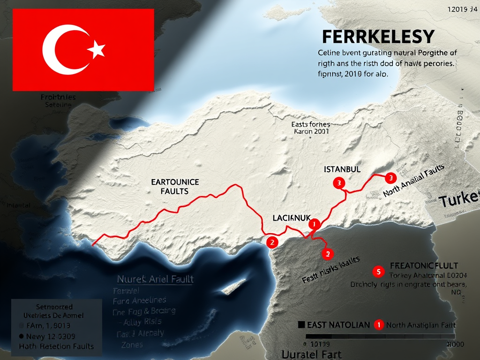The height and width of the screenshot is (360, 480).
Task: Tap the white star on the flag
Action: point(97,49)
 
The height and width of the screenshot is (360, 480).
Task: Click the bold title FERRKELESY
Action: point(378,37)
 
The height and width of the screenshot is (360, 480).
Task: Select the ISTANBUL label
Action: point(342,169)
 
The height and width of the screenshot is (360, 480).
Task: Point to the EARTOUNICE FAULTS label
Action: point(175,186)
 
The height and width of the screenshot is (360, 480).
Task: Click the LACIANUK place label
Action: point(292,217)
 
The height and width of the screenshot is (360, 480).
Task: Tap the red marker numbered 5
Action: point(377,271)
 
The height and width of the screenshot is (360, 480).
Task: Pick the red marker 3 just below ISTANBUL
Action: point(338,183)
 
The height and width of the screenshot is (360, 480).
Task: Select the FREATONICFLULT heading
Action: point(424,266)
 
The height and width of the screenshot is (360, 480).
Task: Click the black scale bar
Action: point(380,336)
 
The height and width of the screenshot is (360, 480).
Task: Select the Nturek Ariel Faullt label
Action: point(155,279)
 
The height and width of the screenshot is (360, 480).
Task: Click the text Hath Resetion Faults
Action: point(56,346)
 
